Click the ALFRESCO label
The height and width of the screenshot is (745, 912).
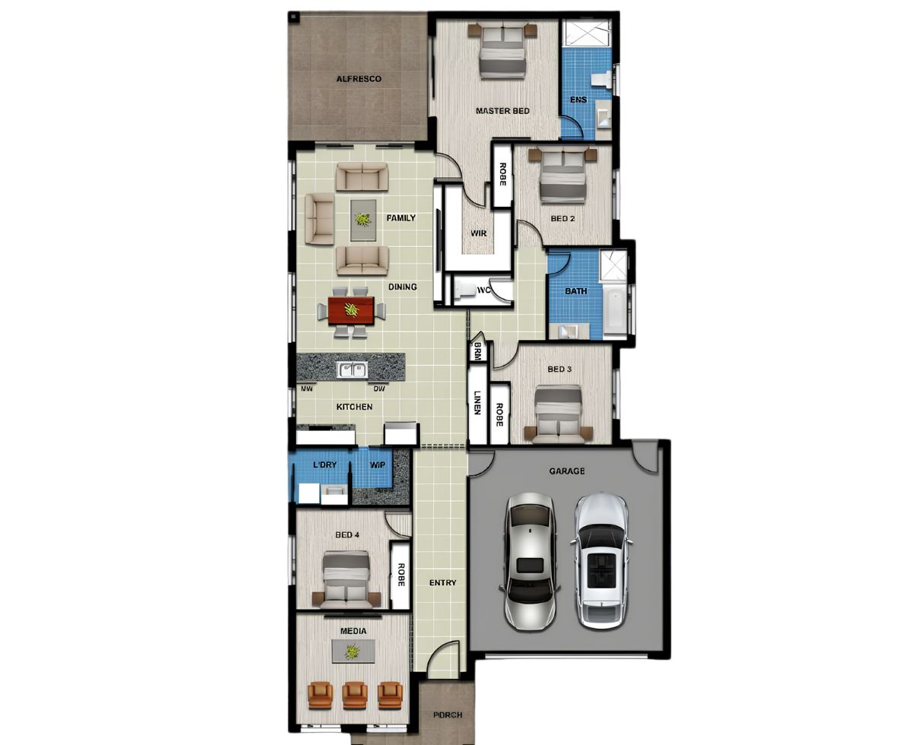click(359, 79)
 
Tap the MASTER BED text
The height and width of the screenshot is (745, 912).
click(502, 111)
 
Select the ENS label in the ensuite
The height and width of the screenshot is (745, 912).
click(578, 100)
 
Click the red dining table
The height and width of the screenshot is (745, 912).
click(351, 310)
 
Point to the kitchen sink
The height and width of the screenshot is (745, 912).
click(353, 370)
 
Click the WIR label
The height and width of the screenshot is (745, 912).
click(478, 233)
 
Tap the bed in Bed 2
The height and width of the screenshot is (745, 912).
click(562, 175)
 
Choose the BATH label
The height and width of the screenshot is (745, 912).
click(575, 291)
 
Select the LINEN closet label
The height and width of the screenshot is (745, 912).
click(477, 403)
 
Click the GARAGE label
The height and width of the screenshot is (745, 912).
click(567, 471)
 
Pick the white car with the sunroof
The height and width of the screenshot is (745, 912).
click(600, 562)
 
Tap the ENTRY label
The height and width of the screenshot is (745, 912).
click(442, 583)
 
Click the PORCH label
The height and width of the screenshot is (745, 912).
click(448, 715)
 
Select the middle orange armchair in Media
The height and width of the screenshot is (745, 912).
click(355, 696)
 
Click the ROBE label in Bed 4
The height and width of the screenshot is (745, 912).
click(401, 575)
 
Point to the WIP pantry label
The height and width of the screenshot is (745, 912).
click(377, 465)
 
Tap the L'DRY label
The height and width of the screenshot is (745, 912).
click(325, 464)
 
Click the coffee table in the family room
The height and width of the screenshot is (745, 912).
click(363, 220)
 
